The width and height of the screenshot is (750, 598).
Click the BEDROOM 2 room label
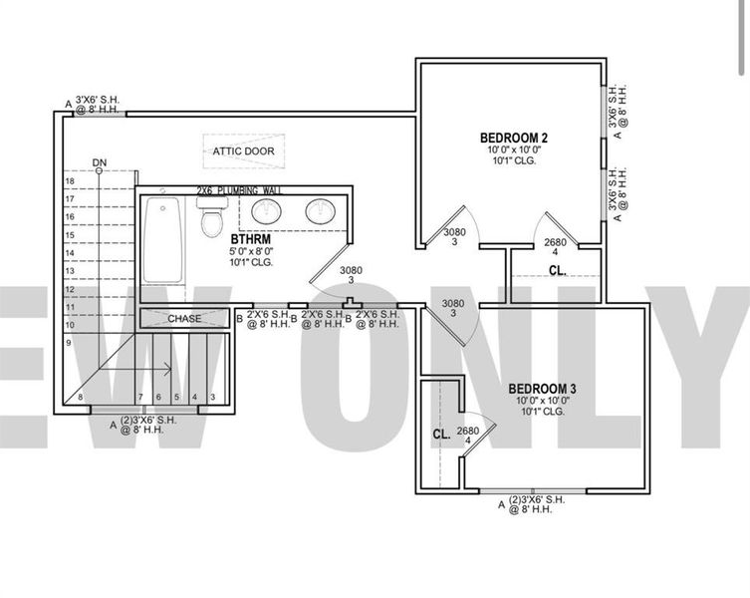(514, 138)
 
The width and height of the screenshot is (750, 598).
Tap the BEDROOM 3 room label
(542, 389)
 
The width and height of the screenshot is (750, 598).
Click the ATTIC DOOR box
(243, 151)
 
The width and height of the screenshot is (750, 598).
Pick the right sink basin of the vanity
(320, 210)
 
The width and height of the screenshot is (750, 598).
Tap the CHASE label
(184, 319)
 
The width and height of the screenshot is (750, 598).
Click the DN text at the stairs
(99, 161)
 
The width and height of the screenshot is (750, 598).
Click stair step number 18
(71, 181)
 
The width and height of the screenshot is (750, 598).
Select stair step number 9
(71, 343)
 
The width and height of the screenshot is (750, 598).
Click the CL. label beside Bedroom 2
(557, 270)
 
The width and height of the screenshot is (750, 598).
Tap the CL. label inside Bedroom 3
(441, 435)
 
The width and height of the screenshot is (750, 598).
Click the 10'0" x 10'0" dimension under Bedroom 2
(514, 149)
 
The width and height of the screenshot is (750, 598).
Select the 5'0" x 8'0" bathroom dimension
(250, 252)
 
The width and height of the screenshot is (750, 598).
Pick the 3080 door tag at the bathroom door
(351, 274)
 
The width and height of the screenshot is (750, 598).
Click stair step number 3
(212, 398)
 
